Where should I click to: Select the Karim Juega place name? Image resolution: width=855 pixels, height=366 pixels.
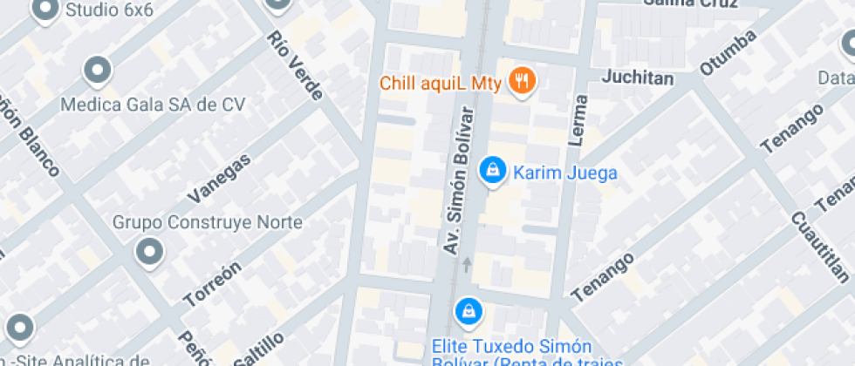[564, 173]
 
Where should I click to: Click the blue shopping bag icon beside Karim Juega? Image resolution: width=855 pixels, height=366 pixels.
[493, 171]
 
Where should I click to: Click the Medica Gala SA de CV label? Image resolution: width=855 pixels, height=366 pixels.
[153, 105]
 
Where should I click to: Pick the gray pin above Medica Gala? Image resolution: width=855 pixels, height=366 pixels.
[98, 71]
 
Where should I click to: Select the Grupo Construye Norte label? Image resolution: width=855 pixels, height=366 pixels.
[208, 222]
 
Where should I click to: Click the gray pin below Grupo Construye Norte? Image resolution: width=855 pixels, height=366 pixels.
[149, 253]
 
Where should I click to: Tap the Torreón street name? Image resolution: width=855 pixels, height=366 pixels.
[212, 284]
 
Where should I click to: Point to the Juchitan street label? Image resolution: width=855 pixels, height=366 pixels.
[638, 78]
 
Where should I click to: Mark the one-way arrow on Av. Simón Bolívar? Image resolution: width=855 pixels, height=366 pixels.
[468, 263]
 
